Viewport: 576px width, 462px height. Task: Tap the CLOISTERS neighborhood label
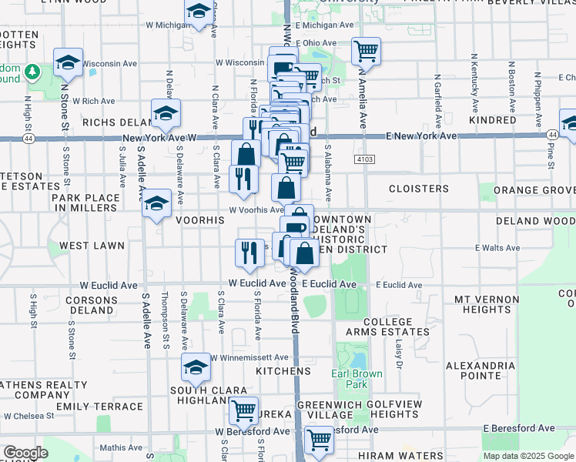tap(419, 189)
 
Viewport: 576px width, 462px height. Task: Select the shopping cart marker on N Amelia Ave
tap(367, 52)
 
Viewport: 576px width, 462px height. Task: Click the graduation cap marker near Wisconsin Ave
tap(68, 62)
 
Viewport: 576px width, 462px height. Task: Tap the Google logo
tap(25, 453)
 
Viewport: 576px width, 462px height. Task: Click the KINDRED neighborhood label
tap(492, 121)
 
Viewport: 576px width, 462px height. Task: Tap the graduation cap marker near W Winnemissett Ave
tap(196, 368)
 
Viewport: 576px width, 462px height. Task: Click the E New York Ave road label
tap(423, 136)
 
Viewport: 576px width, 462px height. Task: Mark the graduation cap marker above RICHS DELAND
tap(165, 113)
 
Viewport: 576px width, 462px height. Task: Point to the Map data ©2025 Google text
tap(527, 456)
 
